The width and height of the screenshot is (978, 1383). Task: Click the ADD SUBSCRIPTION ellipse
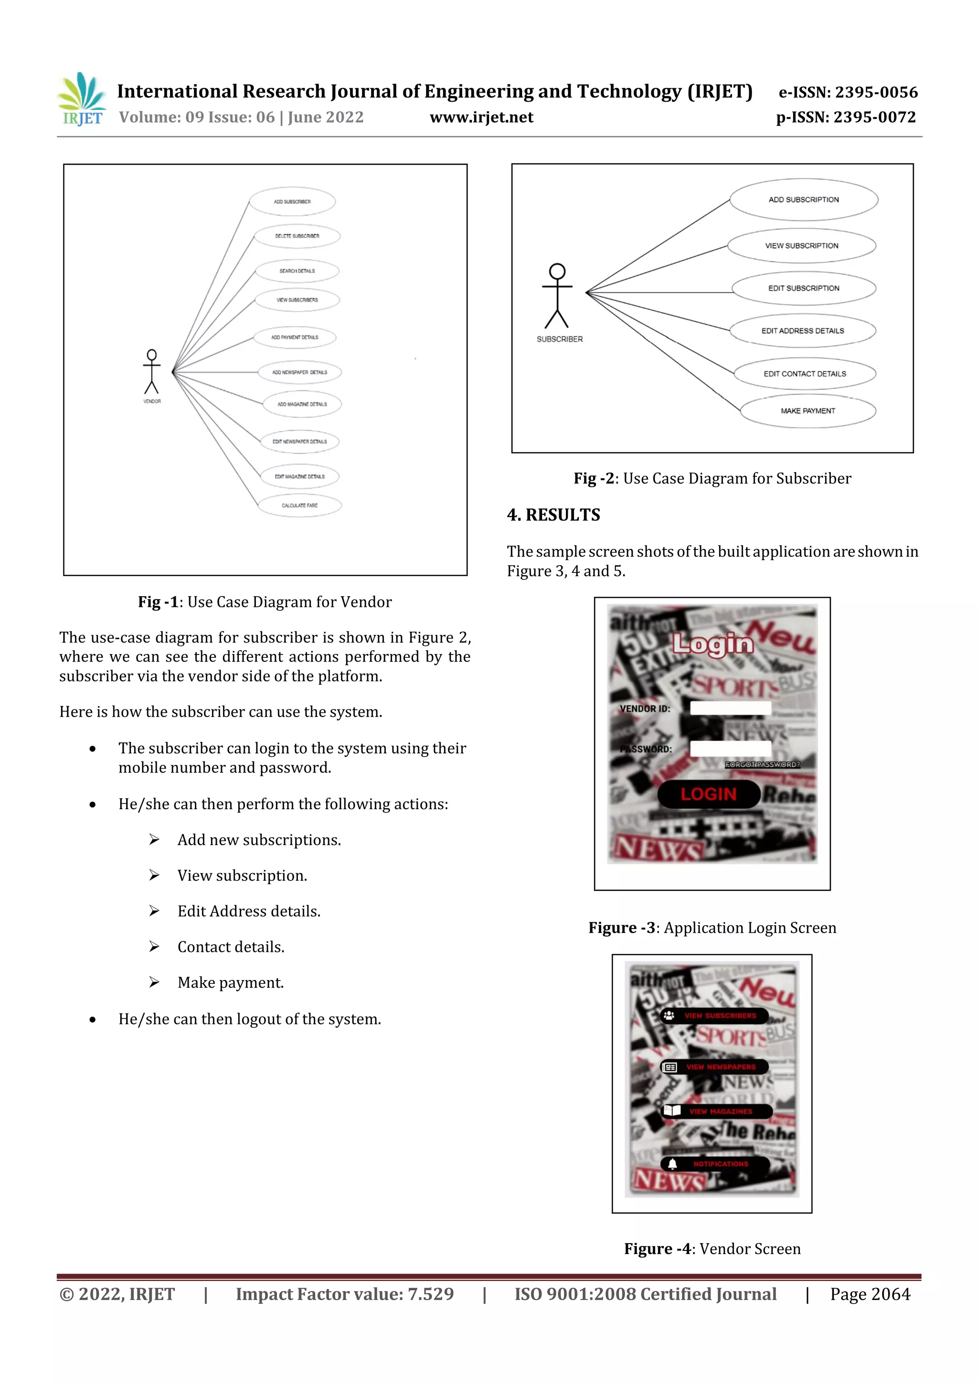(803, 200)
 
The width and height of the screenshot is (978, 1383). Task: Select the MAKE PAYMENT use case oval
(808, 411)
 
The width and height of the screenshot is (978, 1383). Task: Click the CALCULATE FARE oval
(299, 506)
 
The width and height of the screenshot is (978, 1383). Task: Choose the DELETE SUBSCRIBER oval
(297, 236)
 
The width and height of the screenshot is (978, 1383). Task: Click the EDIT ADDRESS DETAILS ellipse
(802, 331)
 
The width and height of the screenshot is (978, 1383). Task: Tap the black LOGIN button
(709, 794)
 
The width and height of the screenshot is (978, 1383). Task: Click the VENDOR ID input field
(730, 708)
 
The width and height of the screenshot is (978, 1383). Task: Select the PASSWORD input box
(730, 749)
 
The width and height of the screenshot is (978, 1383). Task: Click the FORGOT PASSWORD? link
(762, 764)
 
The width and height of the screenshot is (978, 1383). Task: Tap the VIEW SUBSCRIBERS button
(715, 1015)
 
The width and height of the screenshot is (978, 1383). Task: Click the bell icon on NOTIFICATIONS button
(672, 1164)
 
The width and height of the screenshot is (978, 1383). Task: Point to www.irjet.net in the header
(481, 117)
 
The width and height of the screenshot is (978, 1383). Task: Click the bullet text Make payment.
(230, 982)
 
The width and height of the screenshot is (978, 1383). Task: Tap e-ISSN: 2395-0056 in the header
(848, 92)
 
